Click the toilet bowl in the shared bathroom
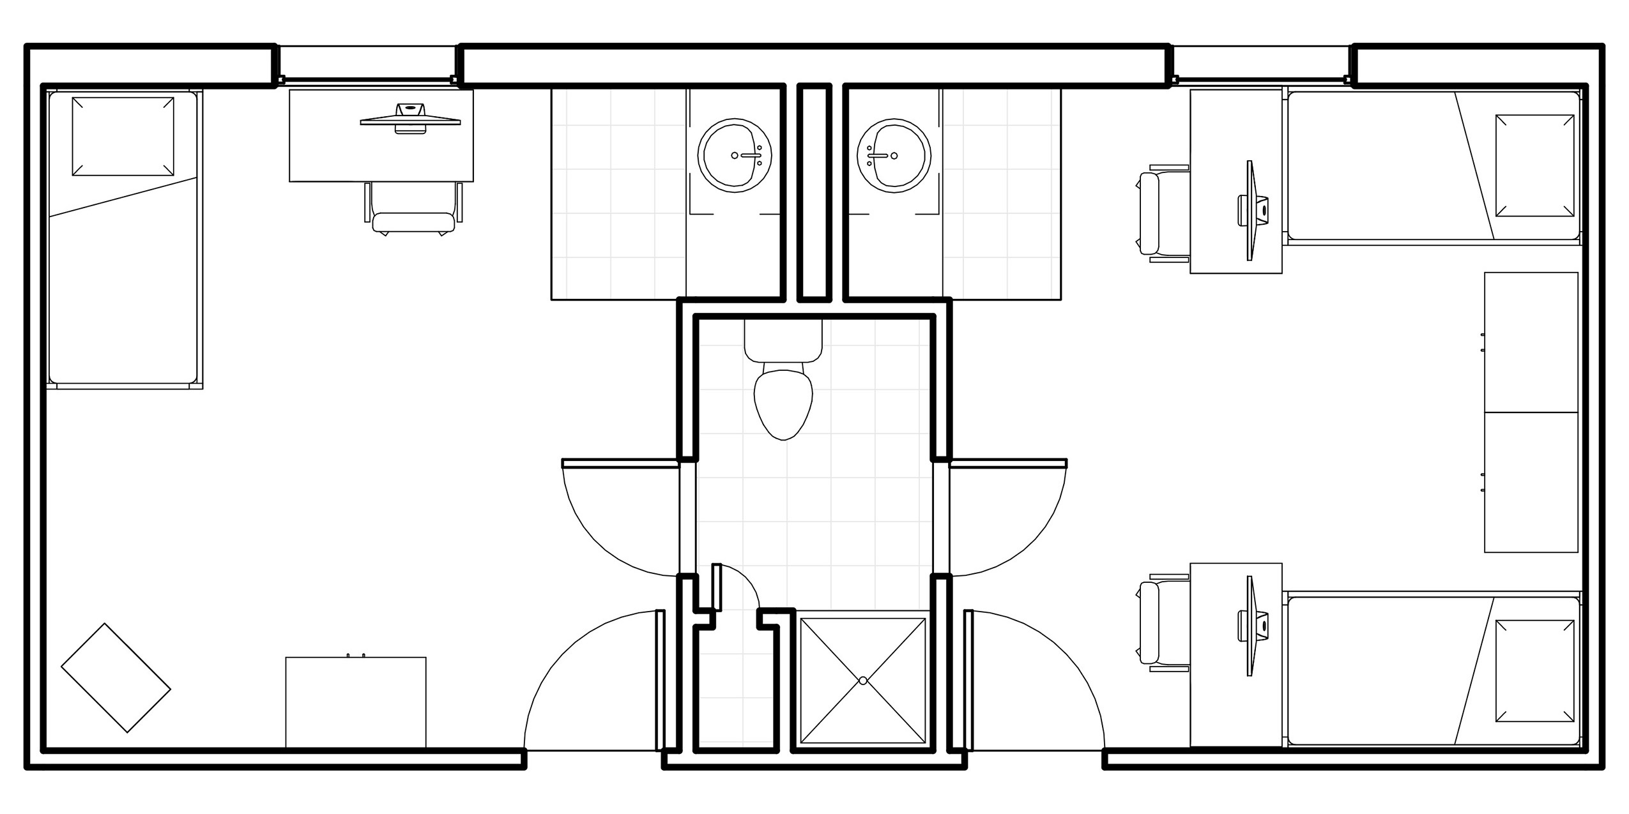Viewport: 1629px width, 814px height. click(x=783, y=402)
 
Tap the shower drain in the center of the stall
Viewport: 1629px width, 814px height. click(x=863, y=681)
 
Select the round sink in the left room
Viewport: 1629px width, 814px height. click(x=735, y=155)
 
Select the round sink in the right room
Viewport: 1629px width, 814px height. click(x=894, y=155)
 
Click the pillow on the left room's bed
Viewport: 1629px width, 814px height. click(x=123, y=136)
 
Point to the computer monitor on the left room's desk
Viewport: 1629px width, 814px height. click(x=410, y=119)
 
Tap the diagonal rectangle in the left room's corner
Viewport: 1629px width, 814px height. click(x=116, y=677)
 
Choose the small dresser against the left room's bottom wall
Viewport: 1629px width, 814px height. click(x=355, y=702)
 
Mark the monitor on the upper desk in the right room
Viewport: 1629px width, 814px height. click(x=1251, y=210)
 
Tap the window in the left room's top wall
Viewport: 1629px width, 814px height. click(x=367, y=64)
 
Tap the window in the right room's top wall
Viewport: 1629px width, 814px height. click(x=1262, y=64)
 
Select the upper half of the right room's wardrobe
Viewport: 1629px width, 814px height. click(x=1531, y=342)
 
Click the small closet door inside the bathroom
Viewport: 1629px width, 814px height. click(x=717, y=587)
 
